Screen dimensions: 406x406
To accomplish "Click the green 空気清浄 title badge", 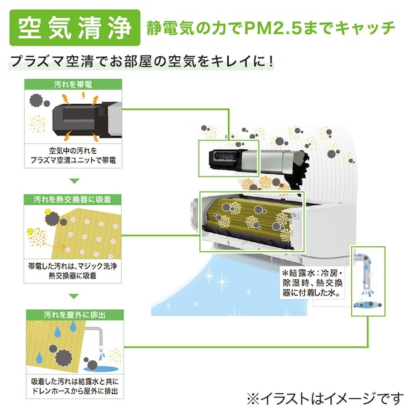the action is (x=75, y=28).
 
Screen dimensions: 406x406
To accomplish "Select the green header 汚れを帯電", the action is (x=73, y=85).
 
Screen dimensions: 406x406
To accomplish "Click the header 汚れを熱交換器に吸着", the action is (x=73, y=199).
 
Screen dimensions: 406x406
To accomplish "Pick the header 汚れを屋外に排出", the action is (x=75, y=315).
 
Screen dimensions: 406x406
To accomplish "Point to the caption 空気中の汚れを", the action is (x=73, y=151).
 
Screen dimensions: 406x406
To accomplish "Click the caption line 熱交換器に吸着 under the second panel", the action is (x=73, y=276).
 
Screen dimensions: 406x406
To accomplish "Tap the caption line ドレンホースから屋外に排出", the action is (x=75, y=391).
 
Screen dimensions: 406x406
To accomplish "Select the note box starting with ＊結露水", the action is (x=313, y=283).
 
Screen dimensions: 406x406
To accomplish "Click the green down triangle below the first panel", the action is (x=74, y=181).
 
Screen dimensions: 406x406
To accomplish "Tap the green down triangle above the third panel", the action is (x=74, y=296).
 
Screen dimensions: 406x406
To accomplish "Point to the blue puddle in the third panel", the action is (x=101, y=369).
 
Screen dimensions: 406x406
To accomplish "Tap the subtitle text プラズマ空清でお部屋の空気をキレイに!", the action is (x=141, y=61).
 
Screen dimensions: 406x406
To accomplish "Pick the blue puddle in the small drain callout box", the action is (x=368, y=305).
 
